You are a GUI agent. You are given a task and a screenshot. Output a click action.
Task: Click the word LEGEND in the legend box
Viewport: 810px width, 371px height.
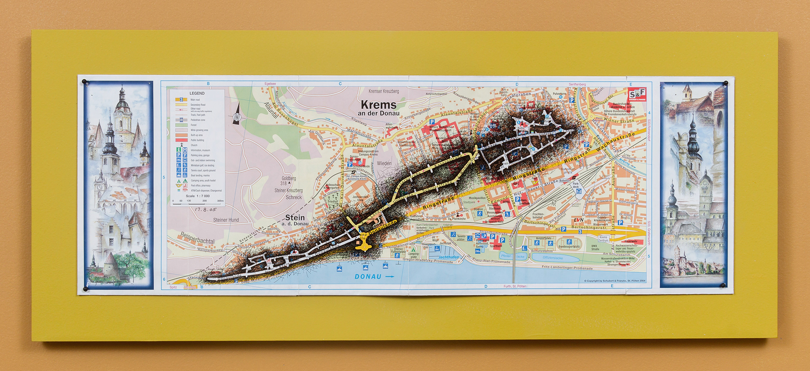tap(197, 93)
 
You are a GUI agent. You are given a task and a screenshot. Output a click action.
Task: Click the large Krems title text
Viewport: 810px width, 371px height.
tap(378, 105)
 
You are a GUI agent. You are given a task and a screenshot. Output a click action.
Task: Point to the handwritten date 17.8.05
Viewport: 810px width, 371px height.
tap(205, 209)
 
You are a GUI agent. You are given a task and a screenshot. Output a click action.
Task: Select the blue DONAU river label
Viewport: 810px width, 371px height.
tap(368, 276)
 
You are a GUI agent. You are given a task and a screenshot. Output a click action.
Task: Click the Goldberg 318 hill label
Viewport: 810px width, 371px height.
tap(289, 181)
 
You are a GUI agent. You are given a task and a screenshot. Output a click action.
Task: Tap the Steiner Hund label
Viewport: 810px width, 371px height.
tap(226, 220)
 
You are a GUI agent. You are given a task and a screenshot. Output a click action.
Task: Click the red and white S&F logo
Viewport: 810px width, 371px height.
tap(637, 94)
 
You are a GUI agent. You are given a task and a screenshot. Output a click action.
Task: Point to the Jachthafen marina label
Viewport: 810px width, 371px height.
tap(448, 257)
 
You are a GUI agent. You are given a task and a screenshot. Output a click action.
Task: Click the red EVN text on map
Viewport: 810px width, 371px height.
tap(578, 220)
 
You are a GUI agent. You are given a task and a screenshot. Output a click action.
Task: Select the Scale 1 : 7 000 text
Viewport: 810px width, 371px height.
tap(197, 196)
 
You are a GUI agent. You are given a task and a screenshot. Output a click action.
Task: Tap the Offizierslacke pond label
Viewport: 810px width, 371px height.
tap(553, 258)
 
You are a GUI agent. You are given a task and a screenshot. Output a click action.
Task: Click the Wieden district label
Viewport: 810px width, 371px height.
tap(384, 163)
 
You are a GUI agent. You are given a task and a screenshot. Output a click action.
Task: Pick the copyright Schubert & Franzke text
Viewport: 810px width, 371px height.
tap(614, 281)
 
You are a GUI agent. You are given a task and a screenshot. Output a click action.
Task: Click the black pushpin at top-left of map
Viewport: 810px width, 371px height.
tap(84, 81)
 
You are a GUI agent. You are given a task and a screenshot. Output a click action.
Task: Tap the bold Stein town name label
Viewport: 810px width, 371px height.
tap(295, 217)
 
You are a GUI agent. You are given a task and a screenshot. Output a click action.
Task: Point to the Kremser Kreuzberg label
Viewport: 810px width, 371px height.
tap(383, 91)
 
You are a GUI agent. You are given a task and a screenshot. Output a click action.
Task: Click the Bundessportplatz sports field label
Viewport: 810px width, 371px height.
tap(569, 246)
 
